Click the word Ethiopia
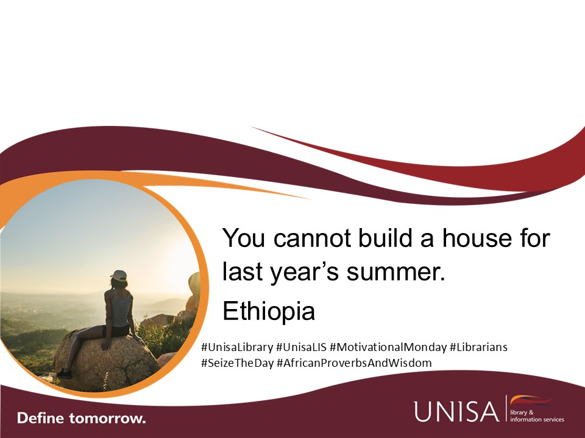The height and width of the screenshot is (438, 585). pos(268,311)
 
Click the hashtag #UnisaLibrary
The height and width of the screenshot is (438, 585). pos(236,347)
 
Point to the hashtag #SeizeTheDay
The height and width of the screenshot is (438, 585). pos(237,363)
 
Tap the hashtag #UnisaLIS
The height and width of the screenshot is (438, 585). pos(300,347)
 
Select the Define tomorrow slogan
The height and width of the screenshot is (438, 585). pos(82,419)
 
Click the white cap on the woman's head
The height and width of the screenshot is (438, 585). pos(119,276)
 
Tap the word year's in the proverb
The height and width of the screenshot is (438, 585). pos(301,272)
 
